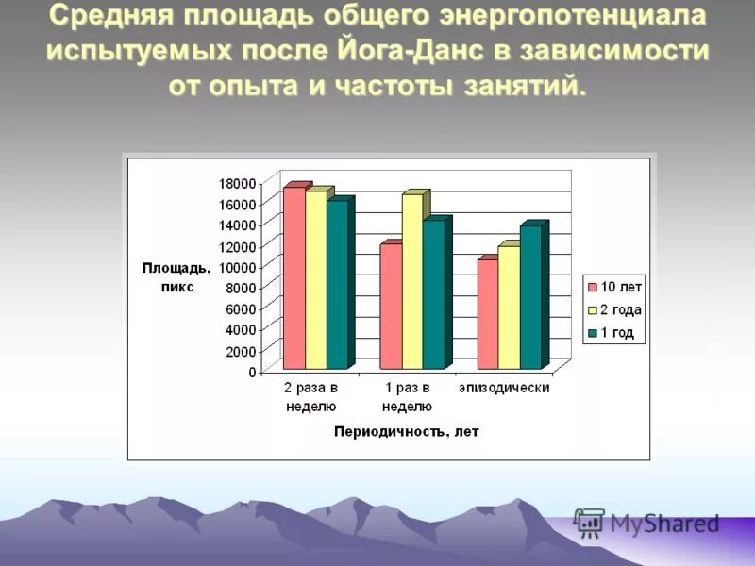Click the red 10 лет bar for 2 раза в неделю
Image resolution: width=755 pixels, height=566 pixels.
294,278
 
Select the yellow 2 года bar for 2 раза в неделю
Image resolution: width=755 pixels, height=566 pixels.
315,280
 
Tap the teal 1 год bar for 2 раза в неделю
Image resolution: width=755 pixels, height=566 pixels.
336,285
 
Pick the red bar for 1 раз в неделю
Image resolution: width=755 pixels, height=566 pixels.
391,307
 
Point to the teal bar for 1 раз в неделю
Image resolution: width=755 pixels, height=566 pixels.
432,294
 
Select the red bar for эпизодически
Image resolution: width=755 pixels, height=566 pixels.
488,314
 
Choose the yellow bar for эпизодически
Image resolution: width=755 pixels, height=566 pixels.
509,308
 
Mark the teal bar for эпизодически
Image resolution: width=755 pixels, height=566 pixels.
529,297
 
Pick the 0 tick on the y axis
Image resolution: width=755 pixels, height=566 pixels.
251,372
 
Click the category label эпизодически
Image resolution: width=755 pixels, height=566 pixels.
504,388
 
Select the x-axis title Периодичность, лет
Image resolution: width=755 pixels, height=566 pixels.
406,431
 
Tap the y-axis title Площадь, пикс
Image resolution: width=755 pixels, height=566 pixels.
176,277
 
